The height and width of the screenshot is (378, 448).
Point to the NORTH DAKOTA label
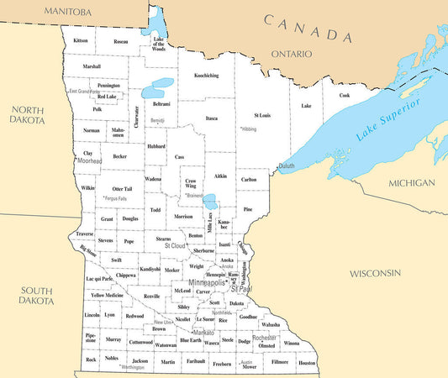pos(28,116)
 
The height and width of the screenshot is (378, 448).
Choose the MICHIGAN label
pos(412,183)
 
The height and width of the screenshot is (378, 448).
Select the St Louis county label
pos(262,114)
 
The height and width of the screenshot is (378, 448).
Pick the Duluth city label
pos(287,166)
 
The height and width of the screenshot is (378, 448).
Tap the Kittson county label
pos(81,40)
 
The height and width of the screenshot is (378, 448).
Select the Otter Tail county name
pos(122,189)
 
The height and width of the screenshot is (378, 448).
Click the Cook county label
pos(344,95)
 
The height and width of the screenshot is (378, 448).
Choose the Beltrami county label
pos(161,104)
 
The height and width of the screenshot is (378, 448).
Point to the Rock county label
pos(91,359)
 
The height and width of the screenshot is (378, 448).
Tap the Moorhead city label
pos(90,161)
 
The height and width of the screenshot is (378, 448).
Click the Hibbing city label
pos(248,129)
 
